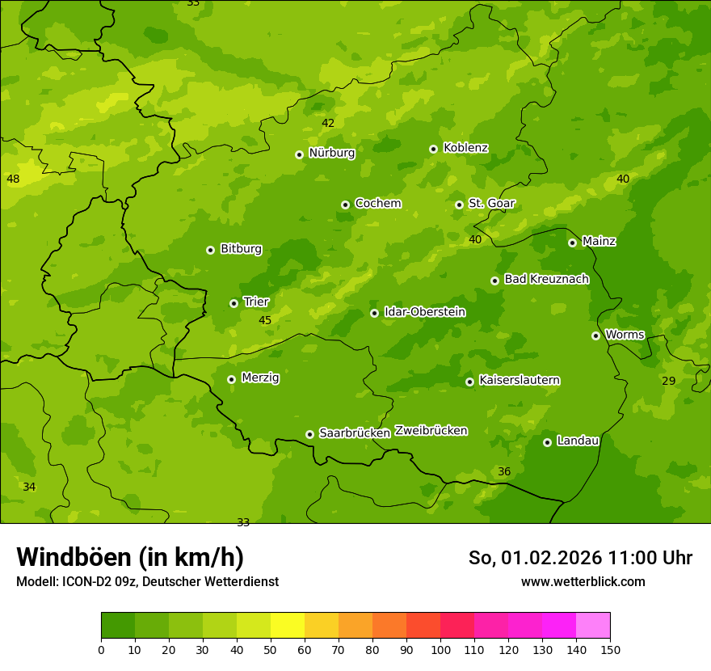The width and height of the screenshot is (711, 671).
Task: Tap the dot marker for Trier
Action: pyautogui.click(x=234, y=303)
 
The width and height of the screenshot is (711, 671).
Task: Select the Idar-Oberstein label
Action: pyautogui.click(x=424, y=312)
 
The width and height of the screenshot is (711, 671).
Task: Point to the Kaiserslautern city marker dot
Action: pyautogui.click(x=469, y=382)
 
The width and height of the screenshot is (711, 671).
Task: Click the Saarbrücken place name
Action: pyautogui.click(x=354, y=433)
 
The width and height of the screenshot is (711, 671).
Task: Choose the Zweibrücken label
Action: pyautogui.click(x=431, y=431)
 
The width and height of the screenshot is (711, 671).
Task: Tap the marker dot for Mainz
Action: pyautogui.click(x=572, y=243)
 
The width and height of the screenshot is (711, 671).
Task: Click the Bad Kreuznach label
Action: pyautogui.click(x=546, y=279)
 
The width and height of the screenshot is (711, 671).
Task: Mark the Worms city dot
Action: pyautogui.click(x=595, y=335)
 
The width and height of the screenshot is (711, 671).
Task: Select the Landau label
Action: pyautogui.click(x=578, y=441)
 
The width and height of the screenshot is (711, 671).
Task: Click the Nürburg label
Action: pyautogui.click(x=331, y=153)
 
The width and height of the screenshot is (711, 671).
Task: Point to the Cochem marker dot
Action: pyautogui.click(x=345, y=205)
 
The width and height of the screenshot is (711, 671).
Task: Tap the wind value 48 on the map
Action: pyautogui.click(x=13, y=179)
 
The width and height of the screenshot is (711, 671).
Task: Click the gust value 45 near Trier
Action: pyautogui.click(x=265, y=321)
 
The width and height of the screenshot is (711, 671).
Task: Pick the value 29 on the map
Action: pyautogui.click(x=668, y=381)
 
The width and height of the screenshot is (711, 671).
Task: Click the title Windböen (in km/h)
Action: pyautogui.click(x=130, y=557)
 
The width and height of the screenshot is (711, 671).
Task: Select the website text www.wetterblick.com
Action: pyautogui.click(x=583, y=581)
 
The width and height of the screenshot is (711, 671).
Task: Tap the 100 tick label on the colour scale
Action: pyautogui.click(x=440, y=649)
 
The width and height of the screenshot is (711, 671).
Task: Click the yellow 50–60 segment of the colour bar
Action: pyautogui.click(x=288, y=626)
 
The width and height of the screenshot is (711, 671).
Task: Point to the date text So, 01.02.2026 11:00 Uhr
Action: pyautogui.click(x=580, y=558)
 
